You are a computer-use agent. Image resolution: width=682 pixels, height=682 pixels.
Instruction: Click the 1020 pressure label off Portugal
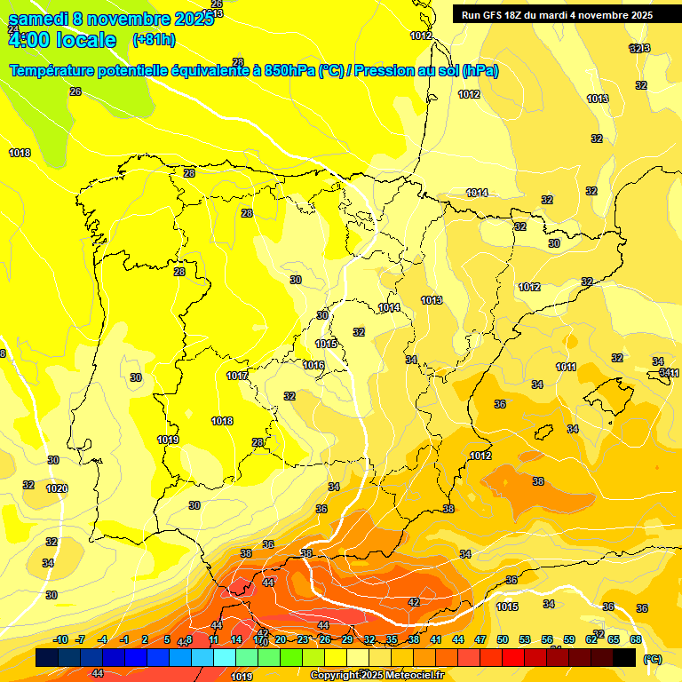click(57, 488)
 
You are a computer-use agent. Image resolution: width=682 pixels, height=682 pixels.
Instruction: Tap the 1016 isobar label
click(313, 365)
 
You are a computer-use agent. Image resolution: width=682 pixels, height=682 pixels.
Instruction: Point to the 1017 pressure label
click(237, 376)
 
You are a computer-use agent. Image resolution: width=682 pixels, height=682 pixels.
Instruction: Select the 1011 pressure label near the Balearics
click(567, 367)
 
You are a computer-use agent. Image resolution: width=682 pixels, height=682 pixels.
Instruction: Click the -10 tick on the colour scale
click(60, 639)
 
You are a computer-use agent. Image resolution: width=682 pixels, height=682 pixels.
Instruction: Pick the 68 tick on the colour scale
click(636, 639)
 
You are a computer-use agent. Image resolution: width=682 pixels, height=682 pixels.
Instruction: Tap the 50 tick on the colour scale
click(503, 639)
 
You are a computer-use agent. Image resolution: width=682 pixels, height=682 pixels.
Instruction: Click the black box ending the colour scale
click(624, 657)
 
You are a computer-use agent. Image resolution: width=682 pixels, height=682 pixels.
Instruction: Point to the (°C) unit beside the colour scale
click(652, 659)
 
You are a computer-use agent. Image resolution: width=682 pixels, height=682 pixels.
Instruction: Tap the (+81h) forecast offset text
click(154, 40)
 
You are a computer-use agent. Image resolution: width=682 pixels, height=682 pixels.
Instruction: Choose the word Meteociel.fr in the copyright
click(414, 676)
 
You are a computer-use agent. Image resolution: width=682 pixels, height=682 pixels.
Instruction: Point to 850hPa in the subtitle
click(289, 71)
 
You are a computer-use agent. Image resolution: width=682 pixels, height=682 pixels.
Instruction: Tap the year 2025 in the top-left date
click(192, 19)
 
